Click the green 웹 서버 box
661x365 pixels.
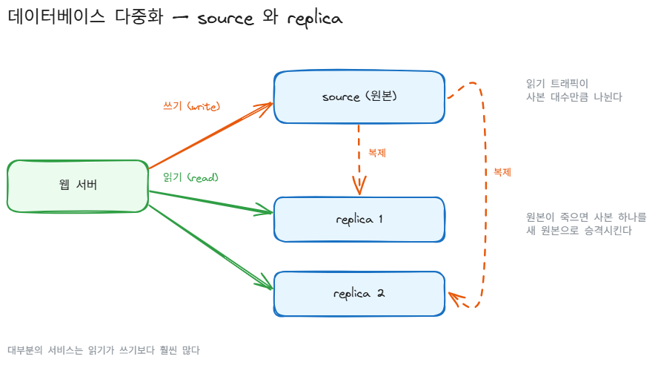78,185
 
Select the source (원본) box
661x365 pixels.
359,97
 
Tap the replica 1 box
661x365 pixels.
359,220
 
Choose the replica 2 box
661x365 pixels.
359,294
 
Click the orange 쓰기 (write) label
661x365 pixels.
192,106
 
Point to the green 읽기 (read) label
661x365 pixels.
191,177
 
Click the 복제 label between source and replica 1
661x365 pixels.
377,153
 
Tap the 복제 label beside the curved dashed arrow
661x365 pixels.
502,172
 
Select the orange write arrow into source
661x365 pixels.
210,136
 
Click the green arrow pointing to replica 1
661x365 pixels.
210,202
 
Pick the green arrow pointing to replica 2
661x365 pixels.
210,247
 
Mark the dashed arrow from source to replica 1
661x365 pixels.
359,160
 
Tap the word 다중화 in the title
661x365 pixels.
139,17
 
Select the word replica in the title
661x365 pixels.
316,19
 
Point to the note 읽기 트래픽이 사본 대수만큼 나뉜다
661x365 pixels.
574,91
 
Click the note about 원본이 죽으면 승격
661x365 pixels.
586,223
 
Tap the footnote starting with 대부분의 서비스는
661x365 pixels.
104,350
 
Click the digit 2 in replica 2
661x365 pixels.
381,293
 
